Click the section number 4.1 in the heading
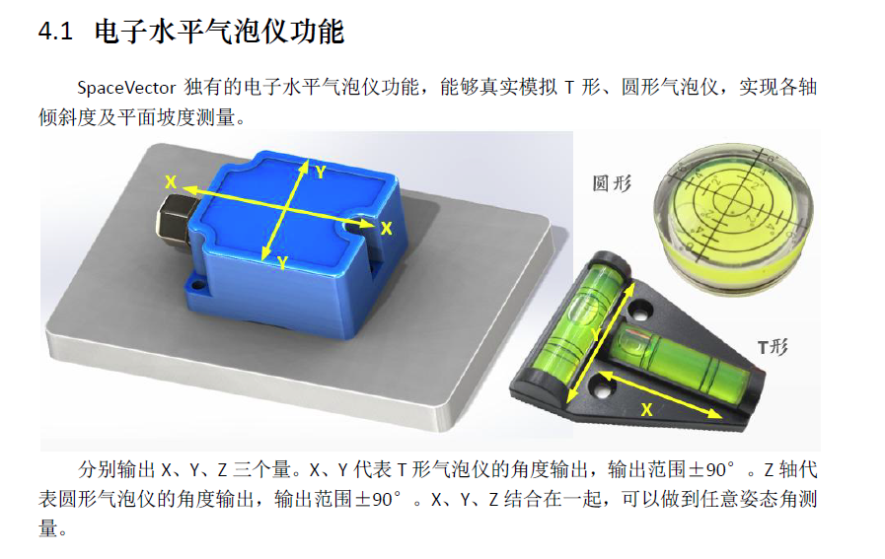(x=55, y=31)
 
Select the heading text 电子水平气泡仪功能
(x=219, y=31)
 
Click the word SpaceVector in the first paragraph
(x=126, y=88)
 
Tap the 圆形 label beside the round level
(x=612, y=183)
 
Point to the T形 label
(x=773, y=346)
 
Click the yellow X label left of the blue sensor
(x=171, y=181)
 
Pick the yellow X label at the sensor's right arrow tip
(x=386, y=229)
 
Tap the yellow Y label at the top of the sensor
(x=321, y=173)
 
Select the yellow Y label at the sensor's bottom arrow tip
(x=282, y=262)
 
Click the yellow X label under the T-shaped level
(x=647, y=409)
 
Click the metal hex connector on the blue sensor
(x=172, y=221)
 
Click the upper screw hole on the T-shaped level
(x=641, y=311)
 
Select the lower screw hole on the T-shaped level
(x=601, y=388)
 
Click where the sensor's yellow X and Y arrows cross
(x=286, y=209)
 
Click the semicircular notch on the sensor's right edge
(x=354, y=226)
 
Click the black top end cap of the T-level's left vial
(x=610, y=261)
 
